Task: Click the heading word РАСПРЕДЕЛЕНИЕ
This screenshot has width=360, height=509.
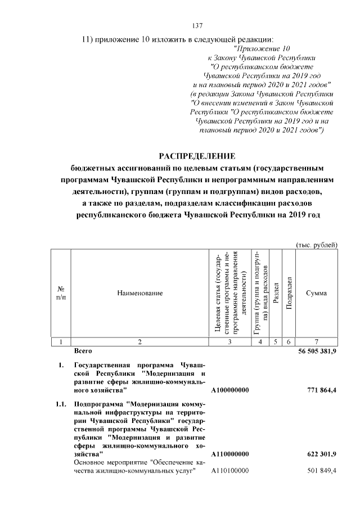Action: point(196,156)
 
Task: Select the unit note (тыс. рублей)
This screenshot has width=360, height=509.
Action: point(317,245)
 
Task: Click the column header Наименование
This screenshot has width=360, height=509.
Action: point(140,293)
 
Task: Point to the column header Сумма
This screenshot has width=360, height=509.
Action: point(316,293)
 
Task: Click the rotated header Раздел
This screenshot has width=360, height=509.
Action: point(276,293)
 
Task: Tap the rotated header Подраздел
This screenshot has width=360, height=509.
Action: point(289,293)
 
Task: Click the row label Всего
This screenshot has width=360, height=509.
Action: point(83,351)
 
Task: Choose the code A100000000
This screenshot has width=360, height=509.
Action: point(230,390)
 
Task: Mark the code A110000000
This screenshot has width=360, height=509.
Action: point(230,454)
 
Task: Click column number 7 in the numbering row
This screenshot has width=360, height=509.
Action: point(316,341)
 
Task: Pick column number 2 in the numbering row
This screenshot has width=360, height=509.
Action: point(140,341)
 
